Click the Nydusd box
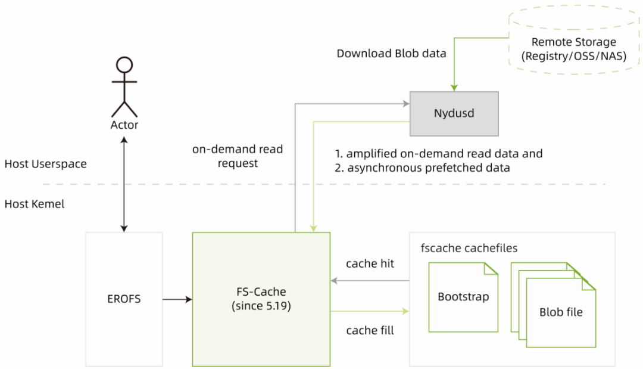click(x=454, y=114)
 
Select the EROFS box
click(x=124, y=299)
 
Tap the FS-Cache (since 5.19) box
click(x=261, y=299)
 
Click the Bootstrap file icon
click(x=463, y=297)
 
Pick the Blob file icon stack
click(x=553, y=305)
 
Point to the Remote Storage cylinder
click(x=574, y=40)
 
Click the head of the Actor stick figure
click(x=124, y=65)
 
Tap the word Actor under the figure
click(x=124, y=125)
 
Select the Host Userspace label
click(x=45, y=164)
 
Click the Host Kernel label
click(x=35, y=204)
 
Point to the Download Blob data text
click(x=391, y=54)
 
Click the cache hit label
click(x=370, y=263)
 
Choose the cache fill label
click(x=370, y=330)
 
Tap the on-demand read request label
click(x=238, y=156)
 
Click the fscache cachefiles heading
click(x=469, y=248)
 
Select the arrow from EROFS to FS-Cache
click(x=177, y=300)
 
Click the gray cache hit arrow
click(x=370, y=281)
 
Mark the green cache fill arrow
click(x=370, y=312)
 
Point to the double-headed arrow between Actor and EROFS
click(x=124, y=184)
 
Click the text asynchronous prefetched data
click(x=429, y=168)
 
